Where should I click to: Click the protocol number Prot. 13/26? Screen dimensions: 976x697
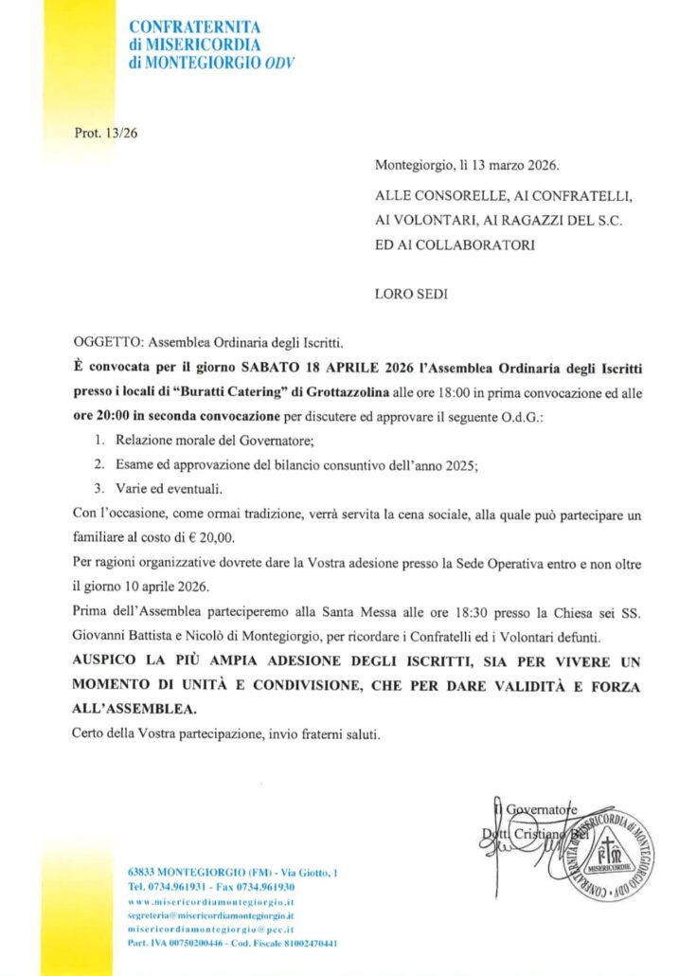(x=105, y=133)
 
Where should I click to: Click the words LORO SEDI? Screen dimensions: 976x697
(x=411, y=294)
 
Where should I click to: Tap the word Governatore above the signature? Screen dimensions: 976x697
(x=541, y=808)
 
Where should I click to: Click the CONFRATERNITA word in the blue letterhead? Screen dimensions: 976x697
(x=194, y=27)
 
